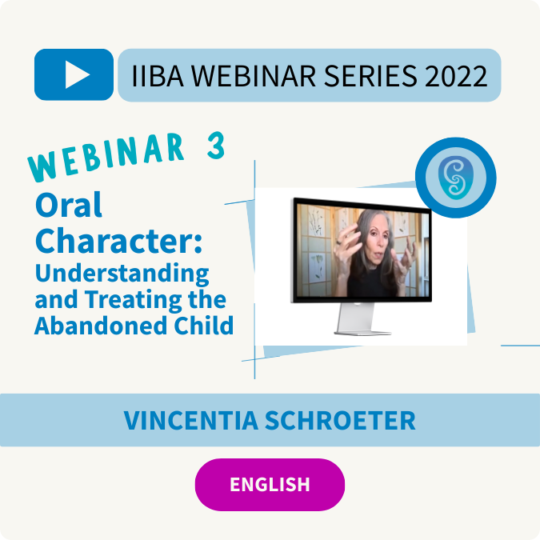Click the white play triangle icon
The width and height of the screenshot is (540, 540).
(77, 74)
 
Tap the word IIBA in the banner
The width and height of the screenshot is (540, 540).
(158, 76)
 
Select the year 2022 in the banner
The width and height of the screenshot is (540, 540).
(456, 76)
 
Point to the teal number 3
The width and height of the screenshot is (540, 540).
(216, 146)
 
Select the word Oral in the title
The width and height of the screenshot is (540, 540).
(69, 205)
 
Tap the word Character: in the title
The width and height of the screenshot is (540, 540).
(118, 240)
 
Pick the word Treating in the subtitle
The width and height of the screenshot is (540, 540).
(134, 300)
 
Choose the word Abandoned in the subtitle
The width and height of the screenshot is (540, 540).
(102, 326)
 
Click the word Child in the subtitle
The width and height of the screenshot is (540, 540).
(204, 326)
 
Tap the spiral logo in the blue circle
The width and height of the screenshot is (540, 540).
(456, 178)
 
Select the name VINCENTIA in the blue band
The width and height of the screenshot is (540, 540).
(191, 421)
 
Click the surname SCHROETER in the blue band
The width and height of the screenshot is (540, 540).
(340, 421)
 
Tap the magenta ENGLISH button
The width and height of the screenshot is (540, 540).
(270, 485)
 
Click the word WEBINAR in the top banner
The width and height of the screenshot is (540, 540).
(253, 76)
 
